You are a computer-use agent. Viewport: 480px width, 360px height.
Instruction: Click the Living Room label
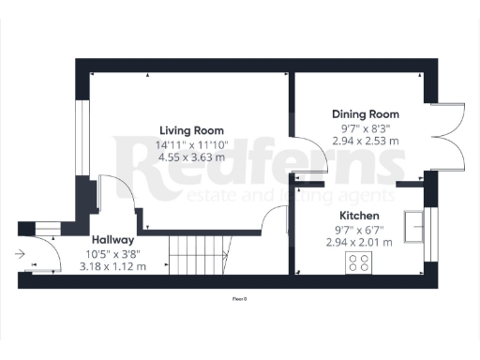tap(191, 130)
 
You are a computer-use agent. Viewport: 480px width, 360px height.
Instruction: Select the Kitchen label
tap(357, 214)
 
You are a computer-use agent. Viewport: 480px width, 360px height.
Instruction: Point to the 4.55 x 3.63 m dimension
tap(191, 157)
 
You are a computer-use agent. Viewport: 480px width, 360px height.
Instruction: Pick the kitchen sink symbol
tap(413, 226)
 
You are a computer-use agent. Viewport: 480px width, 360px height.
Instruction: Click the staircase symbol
tap(198, 254)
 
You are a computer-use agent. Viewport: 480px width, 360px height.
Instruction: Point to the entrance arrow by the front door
tap(21, 252)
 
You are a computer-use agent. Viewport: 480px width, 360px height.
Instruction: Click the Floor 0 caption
tap(240, 299)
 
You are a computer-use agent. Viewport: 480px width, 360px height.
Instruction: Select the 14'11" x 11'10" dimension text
tap(191, 144)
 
